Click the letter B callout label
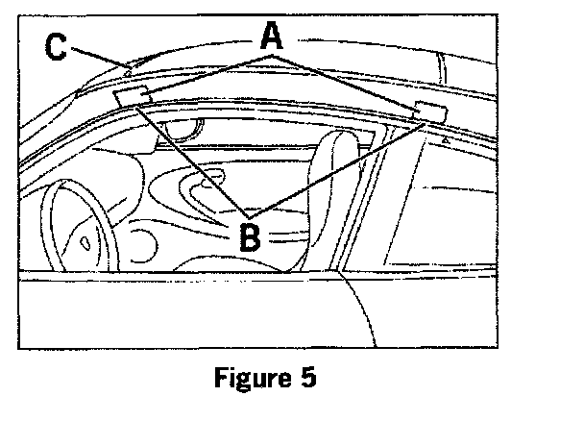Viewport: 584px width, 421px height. click(x=249, y=236)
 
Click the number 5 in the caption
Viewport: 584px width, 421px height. click(x=305, y=377)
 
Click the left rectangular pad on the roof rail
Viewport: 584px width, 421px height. click(x=131, y=95)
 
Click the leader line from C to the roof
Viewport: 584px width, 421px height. click(x=96, y=59)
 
